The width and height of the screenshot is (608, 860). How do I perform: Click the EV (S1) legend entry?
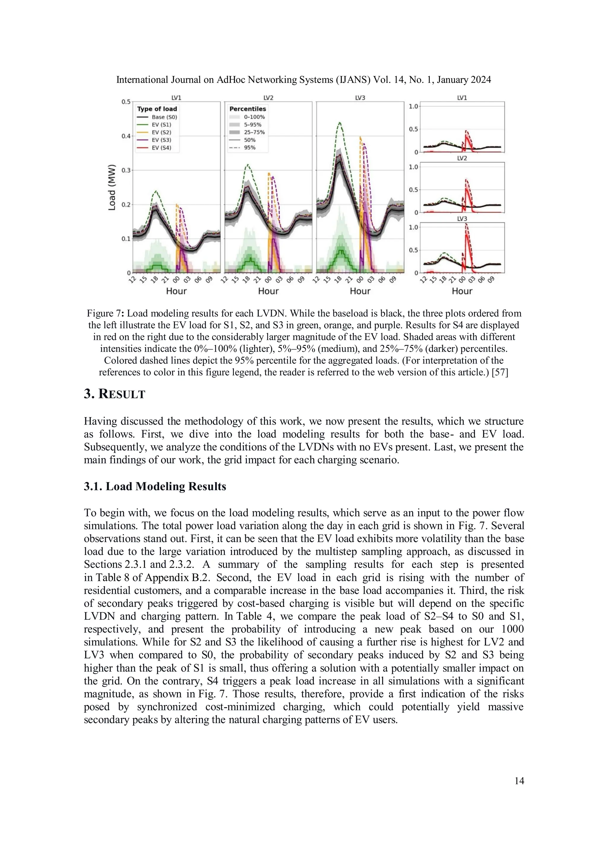(161, 125)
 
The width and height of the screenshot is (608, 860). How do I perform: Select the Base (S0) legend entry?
(164, 117)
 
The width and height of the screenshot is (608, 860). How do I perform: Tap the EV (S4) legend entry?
(161, 148)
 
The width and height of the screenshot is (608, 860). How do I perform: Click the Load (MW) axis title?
(112, 187)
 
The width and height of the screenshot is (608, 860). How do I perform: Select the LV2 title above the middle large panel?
(268, 98)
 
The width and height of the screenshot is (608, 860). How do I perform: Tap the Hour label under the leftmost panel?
(176, 291)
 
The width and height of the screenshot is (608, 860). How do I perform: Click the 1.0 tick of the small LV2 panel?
(413, 167)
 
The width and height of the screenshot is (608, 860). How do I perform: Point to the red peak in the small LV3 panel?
(466, 225)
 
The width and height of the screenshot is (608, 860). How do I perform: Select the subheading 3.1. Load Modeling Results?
(155, 486)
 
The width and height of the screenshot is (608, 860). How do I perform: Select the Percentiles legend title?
(248, 109)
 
